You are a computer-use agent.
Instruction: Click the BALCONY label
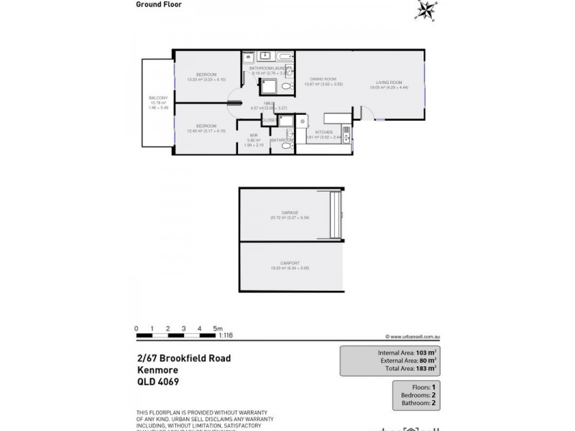(x=158, y=98)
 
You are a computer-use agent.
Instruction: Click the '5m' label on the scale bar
(x=219, y=328)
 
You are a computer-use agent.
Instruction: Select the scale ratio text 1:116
(x=226, y=335)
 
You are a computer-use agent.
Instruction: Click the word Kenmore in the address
(x=157, y=370)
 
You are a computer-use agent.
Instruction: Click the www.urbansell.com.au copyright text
(x=413, y=335)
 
